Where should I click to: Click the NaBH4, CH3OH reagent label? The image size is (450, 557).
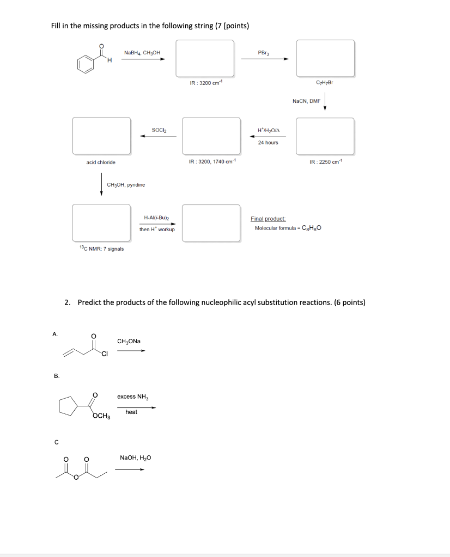[142, 53]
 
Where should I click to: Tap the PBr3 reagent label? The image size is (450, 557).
[264, 53]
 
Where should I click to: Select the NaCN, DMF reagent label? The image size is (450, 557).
[306, 101]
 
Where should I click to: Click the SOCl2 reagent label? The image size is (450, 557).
[159, 129]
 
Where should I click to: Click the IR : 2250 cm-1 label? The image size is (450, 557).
[325, 162]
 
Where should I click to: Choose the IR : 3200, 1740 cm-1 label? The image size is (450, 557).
[211, 162]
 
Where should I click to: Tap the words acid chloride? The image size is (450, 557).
[101, 162]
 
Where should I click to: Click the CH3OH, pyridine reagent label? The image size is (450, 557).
[126, 185]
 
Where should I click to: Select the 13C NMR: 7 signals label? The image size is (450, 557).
[101, 249]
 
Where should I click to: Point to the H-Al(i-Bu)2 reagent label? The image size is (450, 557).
[156, 218]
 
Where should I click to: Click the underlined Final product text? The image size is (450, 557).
[264, 219]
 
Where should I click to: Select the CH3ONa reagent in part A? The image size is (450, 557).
[129, 342]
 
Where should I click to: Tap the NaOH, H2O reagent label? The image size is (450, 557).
[135, 458]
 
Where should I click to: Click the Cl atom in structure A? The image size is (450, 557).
[104, 355]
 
